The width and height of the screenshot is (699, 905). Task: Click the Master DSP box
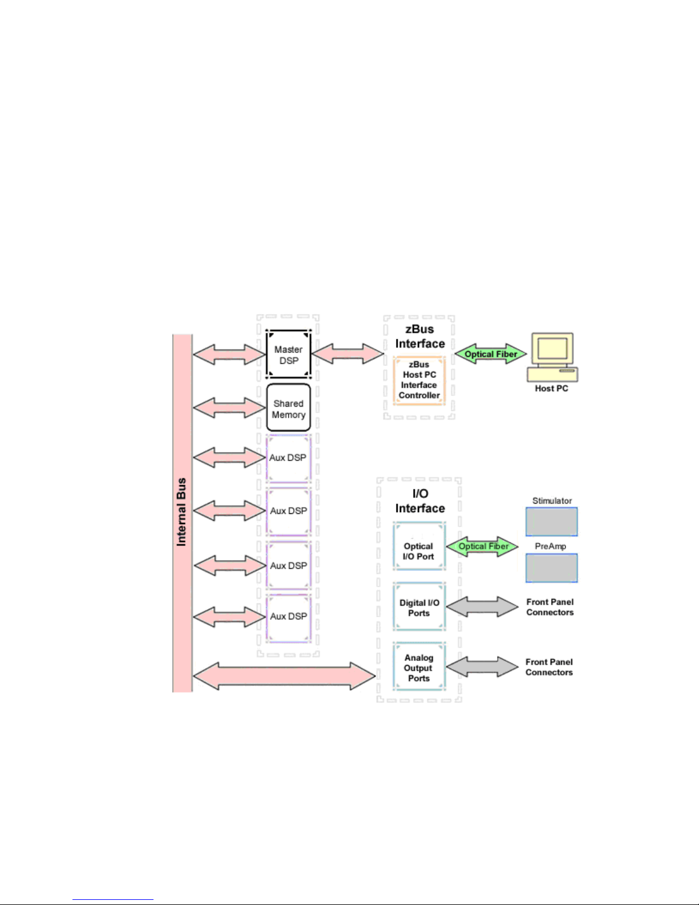pos(288,355)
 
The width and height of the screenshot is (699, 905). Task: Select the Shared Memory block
pos(288,408)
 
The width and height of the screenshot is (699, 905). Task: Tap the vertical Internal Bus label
pos(181,512)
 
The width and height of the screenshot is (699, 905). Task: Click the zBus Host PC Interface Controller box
pos(419,380)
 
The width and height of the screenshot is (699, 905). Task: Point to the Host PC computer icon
pos(552,356)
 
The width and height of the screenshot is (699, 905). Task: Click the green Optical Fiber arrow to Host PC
pos(490,354)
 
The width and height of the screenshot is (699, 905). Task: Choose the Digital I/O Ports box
pos(419,608)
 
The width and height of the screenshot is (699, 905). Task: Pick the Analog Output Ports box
pos(419,667)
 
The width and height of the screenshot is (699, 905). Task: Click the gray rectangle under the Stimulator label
pos(551,521)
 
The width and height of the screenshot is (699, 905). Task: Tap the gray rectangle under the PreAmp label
pos(551,568)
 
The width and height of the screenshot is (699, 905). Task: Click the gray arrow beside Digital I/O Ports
pos(483,607)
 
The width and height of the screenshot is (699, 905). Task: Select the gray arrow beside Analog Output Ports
pos(483,667)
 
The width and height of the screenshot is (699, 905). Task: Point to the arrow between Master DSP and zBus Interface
pos(348,353)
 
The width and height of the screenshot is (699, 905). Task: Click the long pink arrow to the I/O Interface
pos(284,676)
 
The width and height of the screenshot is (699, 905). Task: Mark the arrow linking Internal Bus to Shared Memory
pos(229,408)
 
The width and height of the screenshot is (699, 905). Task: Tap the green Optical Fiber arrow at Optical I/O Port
pos(483,546)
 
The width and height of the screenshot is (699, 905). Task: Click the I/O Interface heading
pos(420,501)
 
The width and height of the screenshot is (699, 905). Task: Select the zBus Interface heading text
pos(420,336)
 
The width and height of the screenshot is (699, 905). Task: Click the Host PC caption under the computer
pos(551,388)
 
